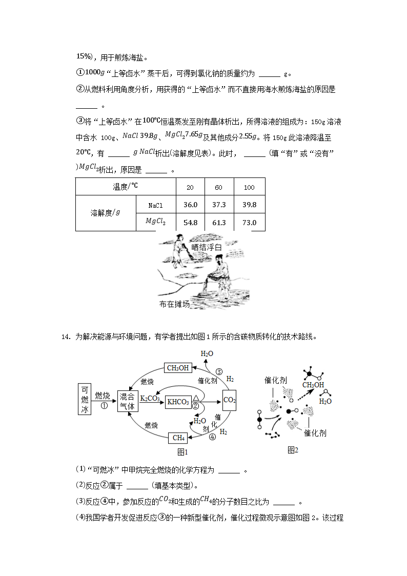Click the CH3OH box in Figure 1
177,368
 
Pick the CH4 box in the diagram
178,438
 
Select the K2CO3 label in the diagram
150,398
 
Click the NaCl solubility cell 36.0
190,205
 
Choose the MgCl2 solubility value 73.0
249,223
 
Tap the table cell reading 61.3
219,223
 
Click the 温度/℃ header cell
126,187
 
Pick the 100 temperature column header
249,187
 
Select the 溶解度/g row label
105,213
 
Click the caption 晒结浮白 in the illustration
207,247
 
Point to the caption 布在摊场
174,304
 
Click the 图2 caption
293,450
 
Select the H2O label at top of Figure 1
207,354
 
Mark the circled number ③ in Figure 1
219,371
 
